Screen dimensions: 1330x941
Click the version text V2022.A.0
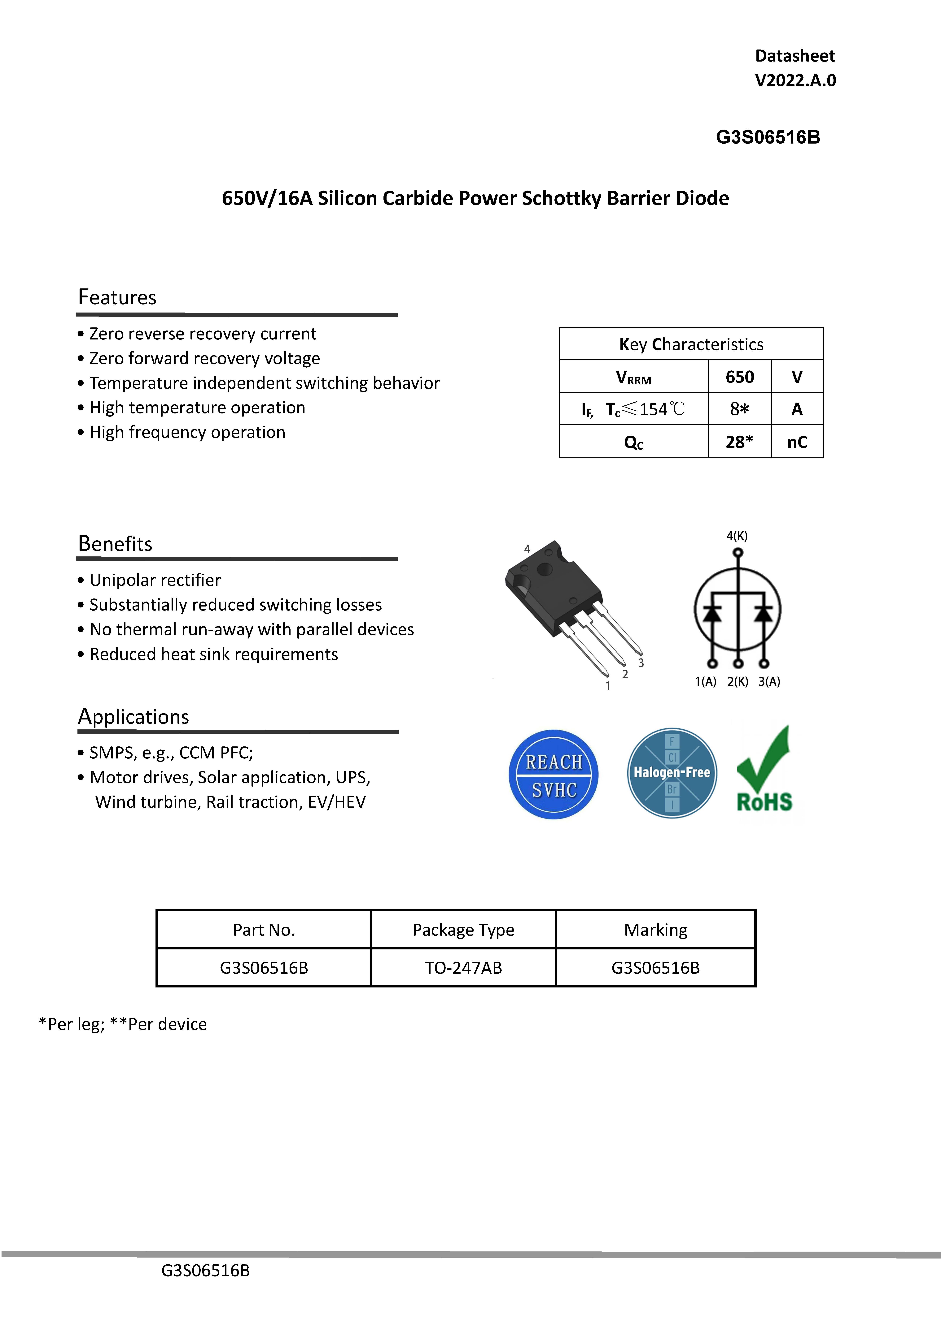pyautogui.click(x=795, y=80)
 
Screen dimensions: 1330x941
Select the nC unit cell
pyautogui.click(x=797, y=442)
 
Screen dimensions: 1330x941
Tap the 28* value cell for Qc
pyautogui.click(x=739, y=442)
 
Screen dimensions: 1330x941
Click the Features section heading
pyautogui.click(x=117, y=297)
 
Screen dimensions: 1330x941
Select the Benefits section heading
pyautogui.click(x=115, y=544)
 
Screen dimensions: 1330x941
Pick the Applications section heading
pyautogui.click(x=133, y=717)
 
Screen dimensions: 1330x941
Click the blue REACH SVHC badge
pyautogui.click(x=553, y=775)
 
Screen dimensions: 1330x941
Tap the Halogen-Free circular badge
pyautogui.click(x=672, y=773)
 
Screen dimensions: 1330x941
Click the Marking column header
pyautogui.click(x=655, y=930)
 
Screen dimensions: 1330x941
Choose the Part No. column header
pyautogui.click(x=264, y=930)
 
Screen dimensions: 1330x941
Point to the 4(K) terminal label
pyautogui.click(x=737, y=536)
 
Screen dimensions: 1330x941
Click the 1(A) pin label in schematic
pyautogui.click(x=705, y=682)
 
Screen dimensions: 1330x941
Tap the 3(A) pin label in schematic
pyautogui.click(x=769, y=682)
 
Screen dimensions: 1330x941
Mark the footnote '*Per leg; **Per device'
pyautogui.click(x=123, y=1024)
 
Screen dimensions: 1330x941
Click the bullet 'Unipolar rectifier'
pyautogui.click(x=155, y=580)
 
